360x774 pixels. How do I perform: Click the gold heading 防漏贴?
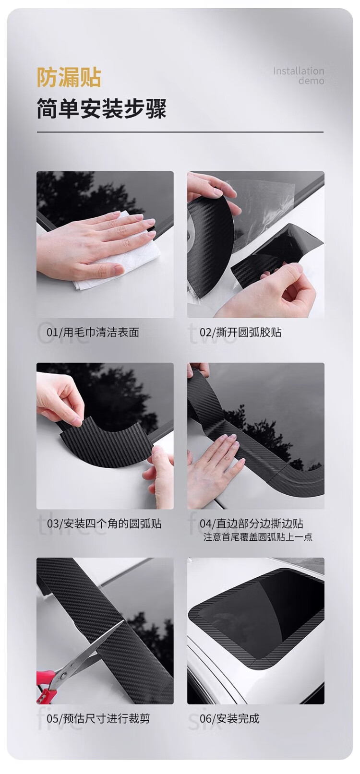(x=69, y=77)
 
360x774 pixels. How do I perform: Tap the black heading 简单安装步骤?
(x=102, y=108)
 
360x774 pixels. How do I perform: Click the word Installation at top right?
(x=299, y=71)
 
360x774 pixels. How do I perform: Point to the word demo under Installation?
(x=312, y=81)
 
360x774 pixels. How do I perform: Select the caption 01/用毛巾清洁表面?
(x=93, y=333)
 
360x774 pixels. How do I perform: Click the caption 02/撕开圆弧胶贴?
(x=240, y=333)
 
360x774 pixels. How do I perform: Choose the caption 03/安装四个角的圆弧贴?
(x=104, y=524)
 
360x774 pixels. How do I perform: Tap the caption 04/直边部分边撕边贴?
(x=252, y=524)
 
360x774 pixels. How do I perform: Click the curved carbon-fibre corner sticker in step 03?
(x=107, y=441)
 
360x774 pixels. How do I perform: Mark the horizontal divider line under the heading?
(x=180, y=132)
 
